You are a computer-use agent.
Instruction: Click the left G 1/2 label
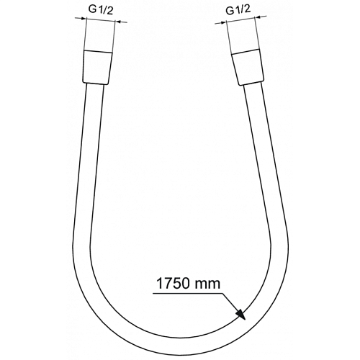pos(101,10)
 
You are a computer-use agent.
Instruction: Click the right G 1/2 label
pos(238,10)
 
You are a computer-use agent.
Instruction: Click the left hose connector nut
pos(97,68)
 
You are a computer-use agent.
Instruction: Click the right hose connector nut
pos(248,67)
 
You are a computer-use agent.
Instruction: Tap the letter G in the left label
pos(92,9)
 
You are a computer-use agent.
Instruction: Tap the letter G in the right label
pos(230,11)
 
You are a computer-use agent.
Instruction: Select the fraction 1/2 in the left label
pos(106,10)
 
